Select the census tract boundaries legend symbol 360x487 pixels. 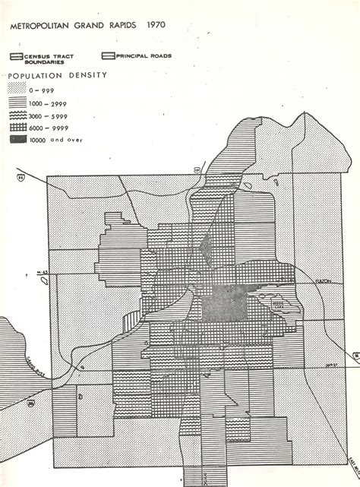pos(17,56)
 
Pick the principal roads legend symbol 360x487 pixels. pos(106,56)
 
